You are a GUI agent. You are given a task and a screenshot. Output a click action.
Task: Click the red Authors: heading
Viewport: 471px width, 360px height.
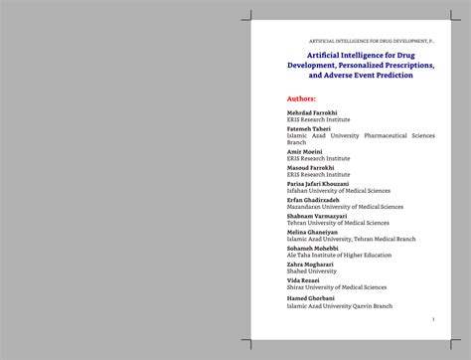coord(301,98)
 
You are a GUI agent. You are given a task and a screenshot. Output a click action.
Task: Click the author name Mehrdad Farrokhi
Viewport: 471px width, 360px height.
coord(312,113)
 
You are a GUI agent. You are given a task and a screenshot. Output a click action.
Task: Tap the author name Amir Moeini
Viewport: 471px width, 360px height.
coord(305,151)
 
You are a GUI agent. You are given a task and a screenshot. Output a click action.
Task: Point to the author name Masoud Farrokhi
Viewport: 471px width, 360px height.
coord(311,167)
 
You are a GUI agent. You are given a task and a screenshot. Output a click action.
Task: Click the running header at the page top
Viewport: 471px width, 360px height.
coord(373,41)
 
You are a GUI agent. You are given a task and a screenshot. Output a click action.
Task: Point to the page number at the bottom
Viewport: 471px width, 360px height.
coord(433,319)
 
